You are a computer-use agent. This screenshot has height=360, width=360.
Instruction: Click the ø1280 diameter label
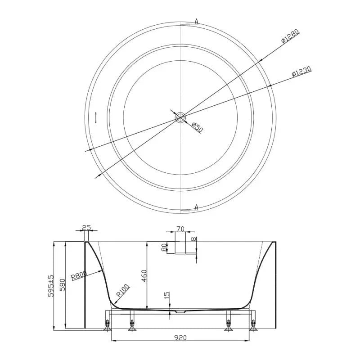[x=290, y=36]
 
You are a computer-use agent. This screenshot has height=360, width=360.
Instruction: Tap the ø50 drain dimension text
[x=197, y=128]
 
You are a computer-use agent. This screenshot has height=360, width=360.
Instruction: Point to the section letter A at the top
[x=196, y=22]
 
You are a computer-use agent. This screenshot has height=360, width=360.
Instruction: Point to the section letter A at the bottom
[x=196, y=207]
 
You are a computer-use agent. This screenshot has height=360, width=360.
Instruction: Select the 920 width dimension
[x=180, y=338]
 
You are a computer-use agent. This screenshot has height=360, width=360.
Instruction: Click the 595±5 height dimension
[x=51, y=286]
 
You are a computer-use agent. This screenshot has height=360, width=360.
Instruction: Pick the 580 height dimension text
[x=63, y=285]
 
